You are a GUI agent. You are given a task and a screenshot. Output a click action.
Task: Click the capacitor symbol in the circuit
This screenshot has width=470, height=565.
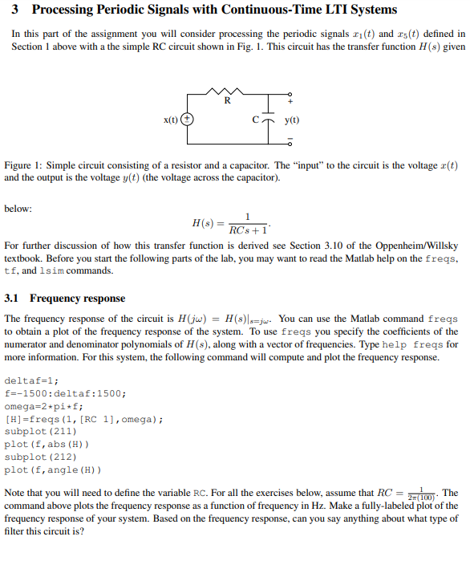pyautogui.click(x=266, y=120)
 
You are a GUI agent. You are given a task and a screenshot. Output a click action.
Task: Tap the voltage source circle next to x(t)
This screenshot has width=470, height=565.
pyautogui.click(x=187, y=120)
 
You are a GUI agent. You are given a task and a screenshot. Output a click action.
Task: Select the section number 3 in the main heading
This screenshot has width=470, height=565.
pyautogui.click(x=16, y=10)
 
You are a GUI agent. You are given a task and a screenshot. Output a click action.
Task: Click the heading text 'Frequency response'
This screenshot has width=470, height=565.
pyautogui.click(x=78, y=298)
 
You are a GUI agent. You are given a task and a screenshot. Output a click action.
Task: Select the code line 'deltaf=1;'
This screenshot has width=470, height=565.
pyautogui.click(x=32, y=380)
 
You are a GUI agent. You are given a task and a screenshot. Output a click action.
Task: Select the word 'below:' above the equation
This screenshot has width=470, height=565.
pyautogui.click(x=18, y=208)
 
